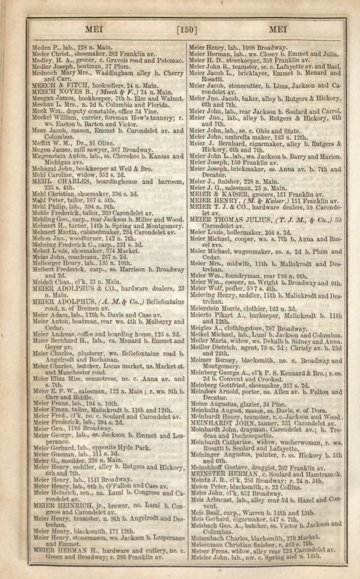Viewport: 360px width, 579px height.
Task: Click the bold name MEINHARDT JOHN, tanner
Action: click(231, 423)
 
